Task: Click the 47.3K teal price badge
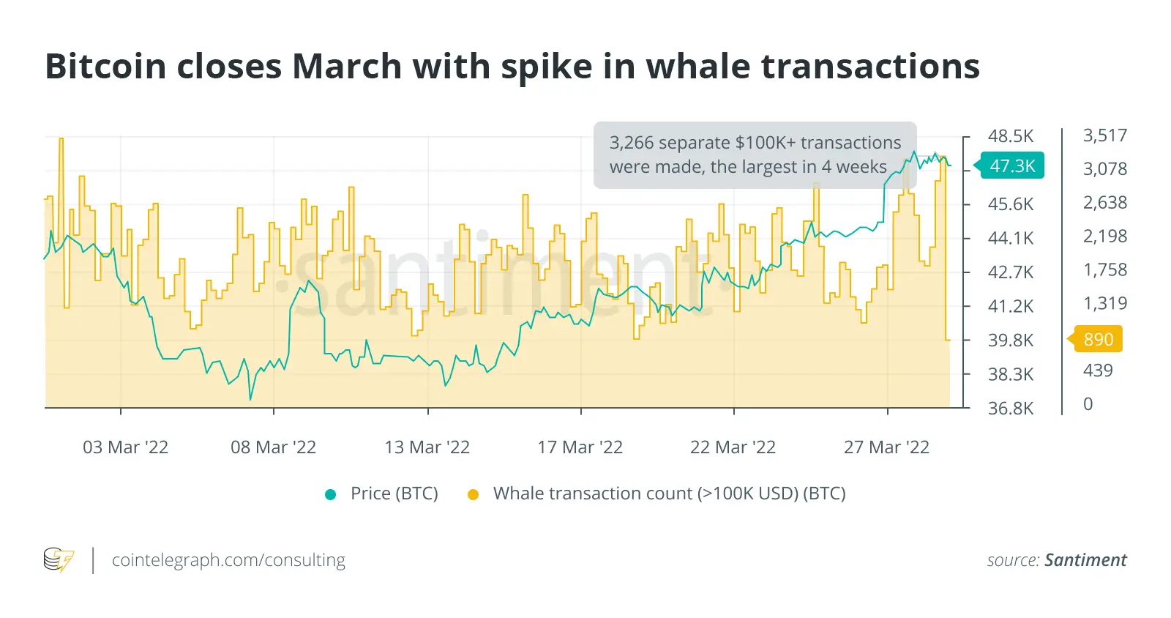pyautogui.click(x=1012, y=166)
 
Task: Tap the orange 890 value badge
pyautogui.click(x=1098, y=339)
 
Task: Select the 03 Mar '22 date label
pyautogui.click(x=125, y=447)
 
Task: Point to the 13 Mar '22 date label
pyautogui.click(x=427, y=447)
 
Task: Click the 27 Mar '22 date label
pyautogui.click(x=886, y=447)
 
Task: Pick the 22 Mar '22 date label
pyautogui.click(x=733, y=447)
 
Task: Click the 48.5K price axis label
pyautogui.click(x=1011, y=136)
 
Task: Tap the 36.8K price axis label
pyautogui.click(x=1011, y=409)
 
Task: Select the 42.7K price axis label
pyautogui.click(x=1011, y=272)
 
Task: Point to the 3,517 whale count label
pyautogui.click(x=1105, y=135)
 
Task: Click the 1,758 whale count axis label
pyautogui.click(x=1105, y=270)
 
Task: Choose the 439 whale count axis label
pyautogui.click(x=1098, y=371)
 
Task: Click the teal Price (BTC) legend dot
pyautogui.click(x=330, y=494)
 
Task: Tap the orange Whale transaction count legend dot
pyautogui.click(x=473, y=494)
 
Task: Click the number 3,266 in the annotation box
pyautogui.click(x=633, y=143)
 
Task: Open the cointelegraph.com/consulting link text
pyautogui.click(x=228, y=560)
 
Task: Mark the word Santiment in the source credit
pyautogui.click(x=1085, y=560)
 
